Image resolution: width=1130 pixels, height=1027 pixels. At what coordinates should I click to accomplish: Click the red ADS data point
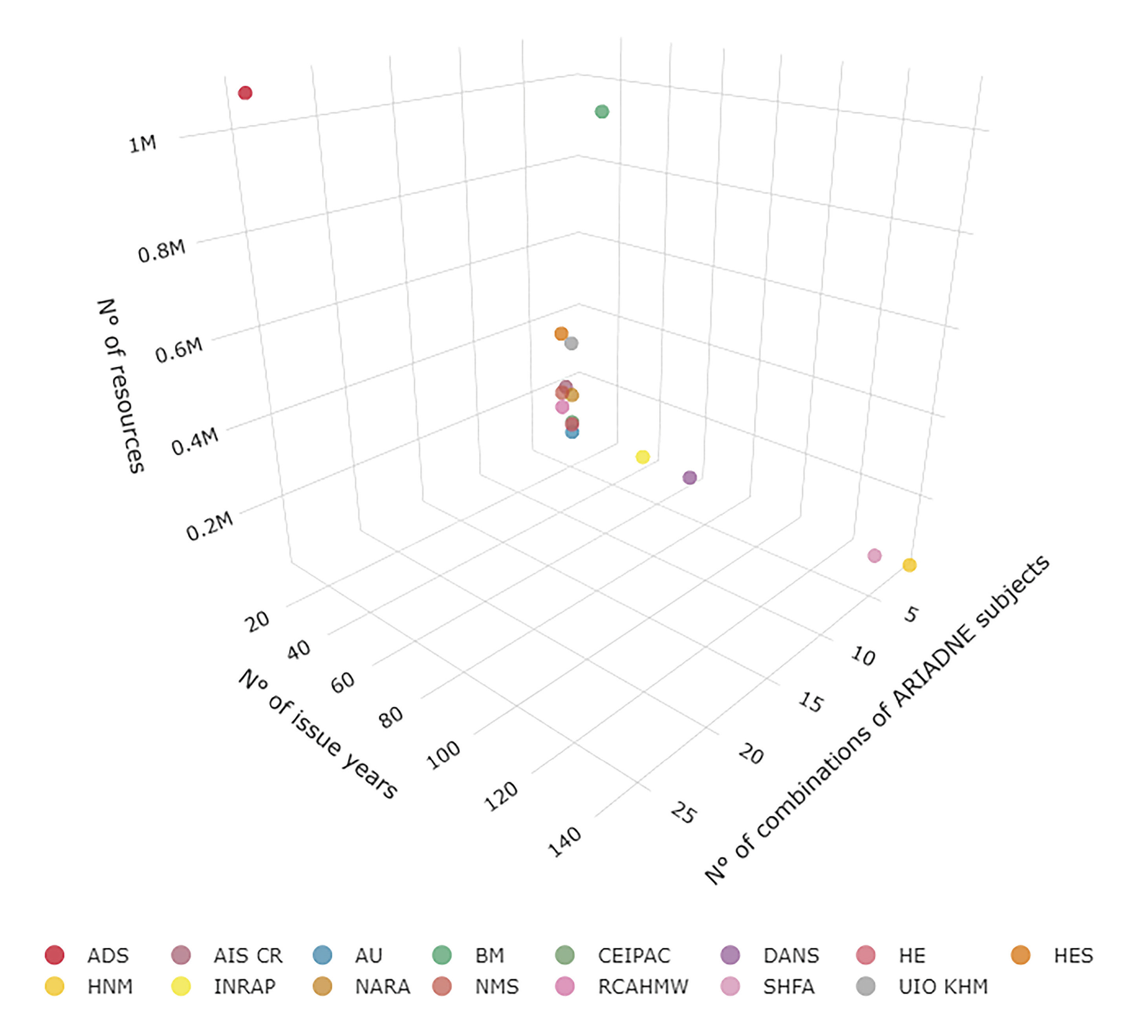[245, 93]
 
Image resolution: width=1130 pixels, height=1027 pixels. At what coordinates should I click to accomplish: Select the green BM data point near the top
[601, 111]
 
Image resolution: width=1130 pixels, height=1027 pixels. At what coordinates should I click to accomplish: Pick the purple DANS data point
[689, 477]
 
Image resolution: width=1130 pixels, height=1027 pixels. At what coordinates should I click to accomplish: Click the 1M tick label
[143, 144]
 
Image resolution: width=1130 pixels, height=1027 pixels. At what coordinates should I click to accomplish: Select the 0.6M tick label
[179, 350]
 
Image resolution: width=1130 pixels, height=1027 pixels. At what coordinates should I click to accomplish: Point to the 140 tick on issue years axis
[565, 842]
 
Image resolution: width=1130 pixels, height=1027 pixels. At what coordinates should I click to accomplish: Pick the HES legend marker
[1021, 955]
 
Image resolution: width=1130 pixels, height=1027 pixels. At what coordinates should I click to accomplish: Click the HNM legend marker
[54, 987]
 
